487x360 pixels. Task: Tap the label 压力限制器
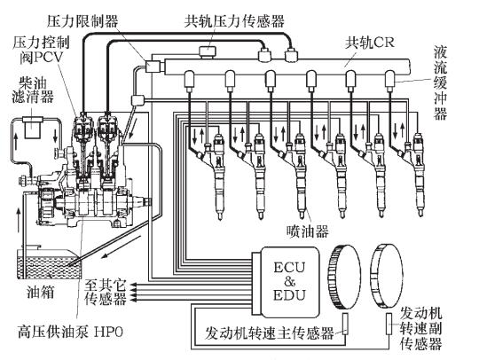[x=82, y=21]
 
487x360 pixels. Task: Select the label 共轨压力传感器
[x=234, y=21]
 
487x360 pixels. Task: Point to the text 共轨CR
[x=370, y=43]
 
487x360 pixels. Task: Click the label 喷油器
[x=307, y=231]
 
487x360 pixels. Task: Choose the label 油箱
[x=41, y=292]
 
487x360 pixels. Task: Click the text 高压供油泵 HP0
[x=70, y=332]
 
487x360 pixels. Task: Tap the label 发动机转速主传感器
[x=269, y=333]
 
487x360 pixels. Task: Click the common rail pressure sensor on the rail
[x=208, y=51]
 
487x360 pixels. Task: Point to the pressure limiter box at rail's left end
[x=153, y=67]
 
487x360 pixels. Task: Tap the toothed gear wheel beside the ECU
[x=343, y=277]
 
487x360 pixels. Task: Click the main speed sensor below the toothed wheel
[x=345, y=324]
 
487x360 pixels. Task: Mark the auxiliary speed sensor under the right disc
[x=389, y=324]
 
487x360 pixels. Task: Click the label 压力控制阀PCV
[x=42, y=50]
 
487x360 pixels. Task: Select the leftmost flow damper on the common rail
[x=189, y=81]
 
